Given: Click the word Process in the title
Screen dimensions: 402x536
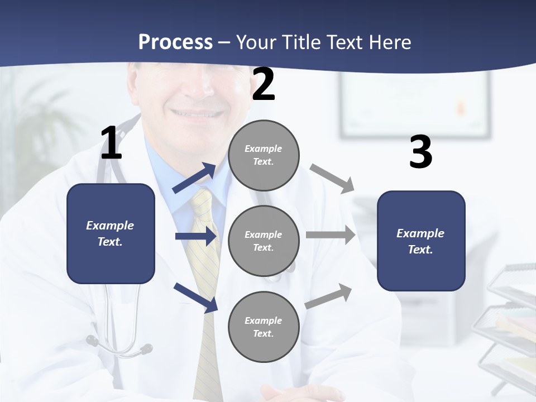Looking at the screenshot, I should [175, 42].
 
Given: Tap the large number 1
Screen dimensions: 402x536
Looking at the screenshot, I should [111, 143].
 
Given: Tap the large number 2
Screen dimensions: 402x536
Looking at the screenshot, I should [264, 85].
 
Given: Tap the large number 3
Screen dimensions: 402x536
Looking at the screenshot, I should [420, 153].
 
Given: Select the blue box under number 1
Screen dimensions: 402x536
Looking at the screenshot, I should [111, 233].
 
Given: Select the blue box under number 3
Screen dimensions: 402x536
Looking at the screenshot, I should [421, 241].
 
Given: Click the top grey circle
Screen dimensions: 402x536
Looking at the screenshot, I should [264, 155].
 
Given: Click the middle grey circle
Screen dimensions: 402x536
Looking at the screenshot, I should [264, 241].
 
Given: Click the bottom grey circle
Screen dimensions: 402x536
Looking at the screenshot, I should [264, 327].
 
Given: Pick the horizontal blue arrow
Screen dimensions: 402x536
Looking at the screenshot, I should [196, 237].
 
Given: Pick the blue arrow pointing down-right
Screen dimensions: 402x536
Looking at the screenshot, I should [196, 298].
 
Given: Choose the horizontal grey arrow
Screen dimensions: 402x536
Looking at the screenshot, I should [331, 235].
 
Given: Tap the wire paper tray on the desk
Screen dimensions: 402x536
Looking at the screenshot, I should [511, 324].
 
